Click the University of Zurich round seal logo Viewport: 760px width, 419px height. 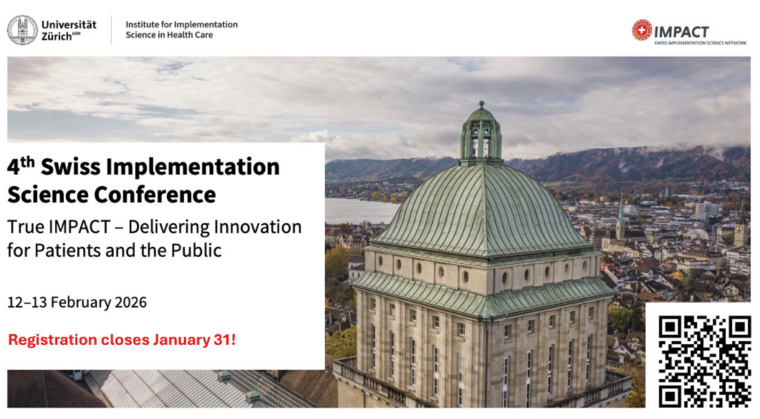point(22,30)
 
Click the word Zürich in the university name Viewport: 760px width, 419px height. point(56,37)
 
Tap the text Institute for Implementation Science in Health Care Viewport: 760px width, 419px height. point(182,30)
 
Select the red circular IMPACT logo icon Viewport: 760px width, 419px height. point(642,30)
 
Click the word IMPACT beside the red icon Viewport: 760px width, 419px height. point(681,32)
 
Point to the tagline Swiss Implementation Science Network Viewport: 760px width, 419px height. point(701,43)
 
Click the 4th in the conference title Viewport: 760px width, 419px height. point(21,165)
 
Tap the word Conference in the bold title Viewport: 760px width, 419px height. point(155,195)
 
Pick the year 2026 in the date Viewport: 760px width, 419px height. point(131,303)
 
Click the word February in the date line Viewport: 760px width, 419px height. point(80,303)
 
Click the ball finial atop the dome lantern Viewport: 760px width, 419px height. point(481,104)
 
